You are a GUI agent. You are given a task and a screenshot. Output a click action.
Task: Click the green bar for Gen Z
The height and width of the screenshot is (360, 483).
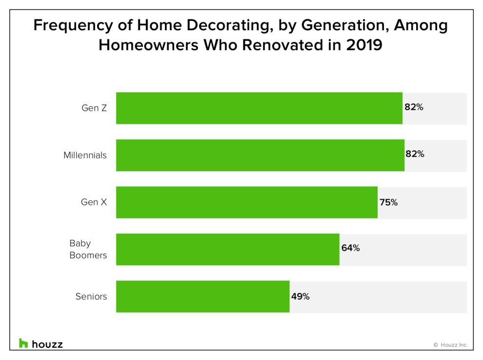pos(259,108)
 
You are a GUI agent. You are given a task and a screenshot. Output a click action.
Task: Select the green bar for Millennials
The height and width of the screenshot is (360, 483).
pos(261,155)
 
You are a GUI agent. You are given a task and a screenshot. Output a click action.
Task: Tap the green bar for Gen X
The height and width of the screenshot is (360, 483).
pos(247,202)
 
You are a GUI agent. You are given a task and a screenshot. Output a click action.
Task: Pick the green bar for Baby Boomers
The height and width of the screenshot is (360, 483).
pos(228,249)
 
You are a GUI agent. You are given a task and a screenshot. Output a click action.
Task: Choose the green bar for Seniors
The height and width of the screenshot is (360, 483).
pos(202,297)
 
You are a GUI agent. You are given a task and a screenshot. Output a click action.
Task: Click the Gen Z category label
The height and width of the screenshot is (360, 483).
pos(94,108)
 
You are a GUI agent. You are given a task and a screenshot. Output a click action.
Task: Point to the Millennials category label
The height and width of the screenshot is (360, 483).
pos(85,155)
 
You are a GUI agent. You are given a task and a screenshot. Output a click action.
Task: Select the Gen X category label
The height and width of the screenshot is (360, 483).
pos(94,202)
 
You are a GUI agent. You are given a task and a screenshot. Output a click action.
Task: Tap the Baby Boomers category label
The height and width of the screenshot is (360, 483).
pos(88,249)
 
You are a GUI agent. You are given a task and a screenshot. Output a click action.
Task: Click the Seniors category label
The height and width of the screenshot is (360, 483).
pos(91,296)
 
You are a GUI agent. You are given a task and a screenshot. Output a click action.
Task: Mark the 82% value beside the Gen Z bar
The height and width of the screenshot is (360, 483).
pos(414,107)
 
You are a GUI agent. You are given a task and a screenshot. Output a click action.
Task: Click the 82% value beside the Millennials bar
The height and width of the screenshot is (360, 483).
pos(415,154)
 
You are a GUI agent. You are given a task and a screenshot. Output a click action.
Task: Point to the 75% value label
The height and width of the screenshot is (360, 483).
pos(388,202)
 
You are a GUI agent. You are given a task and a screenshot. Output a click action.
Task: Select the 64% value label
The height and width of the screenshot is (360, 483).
pos(351,248)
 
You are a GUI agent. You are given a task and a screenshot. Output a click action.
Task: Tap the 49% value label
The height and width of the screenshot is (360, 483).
pos(301,296)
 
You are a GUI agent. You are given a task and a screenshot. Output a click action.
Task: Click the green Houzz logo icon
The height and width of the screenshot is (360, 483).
pos(23,343)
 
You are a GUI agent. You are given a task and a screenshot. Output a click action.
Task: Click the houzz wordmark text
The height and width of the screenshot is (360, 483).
pos(47,344)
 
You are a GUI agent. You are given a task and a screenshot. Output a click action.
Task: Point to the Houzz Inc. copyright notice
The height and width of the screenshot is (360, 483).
pos(451,345)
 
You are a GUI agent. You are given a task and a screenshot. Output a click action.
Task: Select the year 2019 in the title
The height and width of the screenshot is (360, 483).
pos(364,45)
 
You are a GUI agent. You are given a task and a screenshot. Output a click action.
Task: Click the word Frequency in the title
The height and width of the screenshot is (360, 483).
pos(73,26)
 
